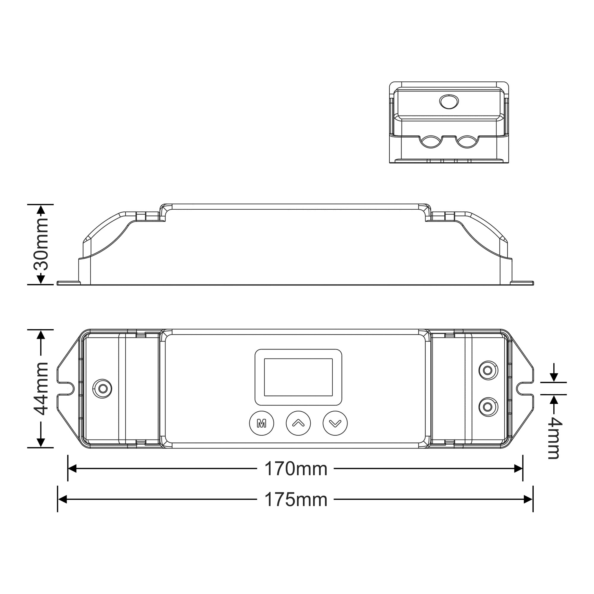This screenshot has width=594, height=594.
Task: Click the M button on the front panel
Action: [x=261, y=423]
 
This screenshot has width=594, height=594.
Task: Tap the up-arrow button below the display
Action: [x=298, y=423]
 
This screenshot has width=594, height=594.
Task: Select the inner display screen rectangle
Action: [x=298, y=377]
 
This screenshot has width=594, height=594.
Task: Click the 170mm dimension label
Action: [x=296, y=469]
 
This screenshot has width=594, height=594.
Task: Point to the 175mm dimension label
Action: [x=296, y=500]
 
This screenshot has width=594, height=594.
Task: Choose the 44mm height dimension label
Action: [x=41, y=388]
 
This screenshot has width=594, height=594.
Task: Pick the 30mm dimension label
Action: [x=41, y=244]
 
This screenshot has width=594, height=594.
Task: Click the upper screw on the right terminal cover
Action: [x=488, y=370]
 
